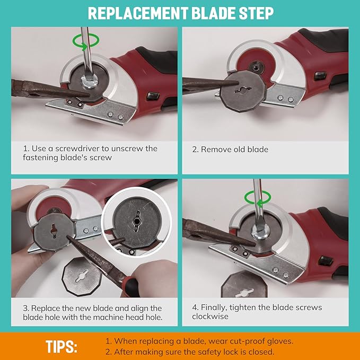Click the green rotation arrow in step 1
click(x=86, y=41)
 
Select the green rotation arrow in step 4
click(x=257, y=198)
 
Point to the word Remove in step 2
click(x=216, y=150)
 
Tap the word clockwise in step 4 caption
click(x=210, y=317)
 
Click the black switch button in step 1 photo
click(x=153, y=96)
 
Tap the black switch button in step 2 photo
click(x=320, y=76)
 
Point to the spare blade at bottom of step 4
click(x=244, y=285)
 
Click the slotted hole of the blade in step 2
click(x=243, y=90)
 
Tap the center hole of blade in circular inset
click(x=137, y=221)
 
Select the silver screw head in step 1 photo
click(x=89, y=82)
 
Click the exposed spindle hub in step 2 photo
click(x=256, y=67)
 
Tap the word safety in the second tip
click(x=210, y=352)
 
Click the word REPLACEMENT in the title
click(x=138, y=13)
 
